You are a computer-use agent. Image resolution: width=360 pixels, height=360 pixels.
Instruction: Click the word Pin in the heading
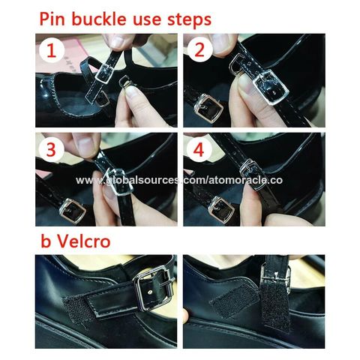(x=52, y=19)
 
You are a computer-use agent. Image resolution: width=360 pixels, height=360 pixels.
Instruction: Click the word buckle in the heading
(x=99, y=19)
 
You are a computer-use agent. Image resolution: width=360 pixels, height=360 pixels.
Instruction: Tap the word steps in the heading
(x=190, y=19)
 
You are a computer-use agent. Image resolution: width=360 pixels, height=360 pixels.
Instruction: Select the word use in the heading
(x=147, y=20)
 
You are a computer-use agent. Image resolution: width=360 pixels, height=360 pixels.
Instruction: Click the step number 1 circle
(x=52, y=51)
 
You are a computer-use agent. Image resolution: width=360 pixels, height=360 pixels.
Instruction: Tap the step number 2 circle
(x=199, y=49)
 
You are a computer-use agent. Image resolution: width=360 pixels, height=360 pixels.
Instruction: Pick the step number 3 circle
(x=52, y=149)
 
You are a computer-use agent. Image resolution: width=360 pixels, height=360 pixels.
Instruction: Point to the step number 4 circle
(x=199, y=150)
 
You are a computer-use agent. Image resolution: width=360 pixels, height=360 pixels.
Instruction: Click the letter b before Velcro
(x=46, y=241)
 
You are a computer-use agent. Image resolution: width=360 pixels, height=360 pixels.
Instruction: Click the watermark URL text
(x=179, y=180)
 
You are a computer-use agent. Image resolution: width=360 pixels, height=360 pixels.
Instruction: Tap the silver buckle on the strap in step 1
(x=104, y=73)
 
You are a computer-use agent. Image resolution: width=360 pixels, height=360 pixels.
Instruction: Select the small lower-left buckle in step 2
(x=211, y=108)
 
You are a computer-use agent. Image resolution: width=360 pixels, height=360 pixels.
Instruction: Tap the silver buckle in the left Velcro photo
(x=154, y=287)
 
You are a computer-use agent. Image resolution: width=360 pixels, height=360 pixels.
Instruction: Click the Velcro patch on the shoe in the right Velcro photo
(x=235, y=301)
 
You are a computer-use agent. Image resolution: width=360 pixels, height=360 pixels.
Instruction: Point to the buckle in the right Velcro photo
(x=275, y=279)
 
